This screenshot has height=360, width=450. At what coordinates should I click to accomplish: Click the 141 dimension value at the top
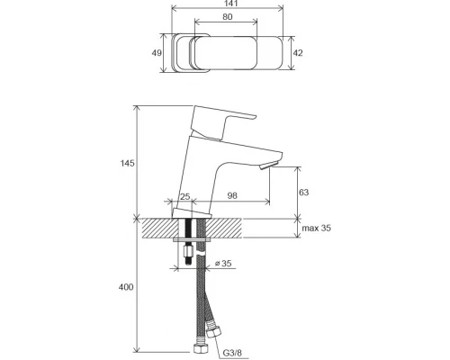pyautogui.click(x=227, y=4)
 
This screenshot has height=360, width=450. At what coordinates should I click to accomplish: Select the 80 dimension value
pyautogui.click(x=228, y=17)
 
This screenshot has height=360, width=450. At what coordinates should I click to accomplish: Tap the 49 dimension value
pyautogui.click(x=157, y=53)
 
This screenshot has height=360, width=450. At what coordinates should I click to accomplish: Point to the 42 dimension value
pyautogui.click(x=298, y=53)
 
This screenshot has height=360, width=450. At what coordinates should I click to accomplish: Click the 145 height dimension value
pyautogui.click(x=128, y=164)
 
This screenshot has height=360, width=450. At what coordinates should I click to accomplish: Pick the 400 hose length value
pyautogui.click(x=126, y=287)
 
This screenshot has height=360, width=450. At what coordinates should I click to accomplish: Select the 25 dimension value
pyautogui.click(x=185, y=196)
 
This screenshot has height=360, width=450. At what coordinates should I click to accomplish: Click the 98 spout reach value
pyautogui.click(x=232, y=195)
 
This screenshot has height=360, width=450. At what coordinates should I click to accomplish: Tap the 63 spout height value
pyautogui.click(x=303, y=192)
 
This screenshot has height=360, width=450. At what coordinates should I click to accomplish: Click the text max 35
pyautogui.click(x=317, y=228)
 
